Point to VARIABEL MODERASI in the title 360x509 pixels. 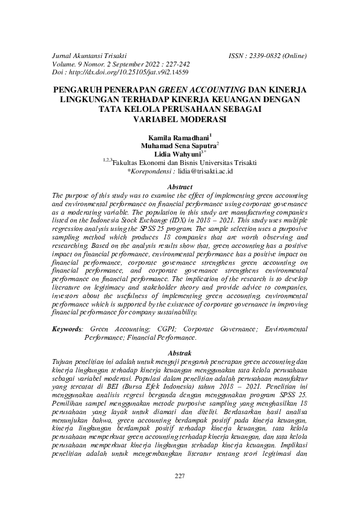point(180,118)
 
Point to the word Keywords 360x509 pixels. point(67,328)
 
